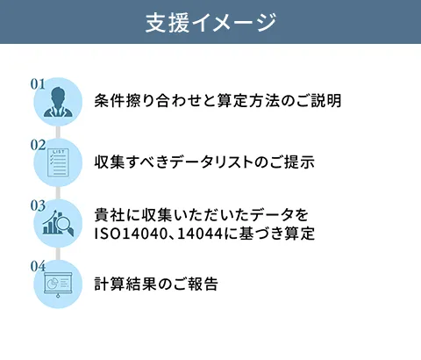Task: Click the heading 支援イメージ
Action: click(210, 22)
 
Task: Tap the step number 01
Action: click(38, 84)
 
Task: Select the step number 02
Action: click(38, 145)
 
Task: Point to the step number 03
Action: click(38, 205)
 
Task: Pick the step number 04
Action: click(38, 266)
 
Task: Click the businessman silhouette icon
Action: click(58, 102)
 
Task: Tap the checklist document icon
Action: click(59, 162)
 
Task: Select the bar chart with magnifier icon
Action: click(58, 223)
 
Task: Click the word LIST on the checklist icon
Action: click(59, 152)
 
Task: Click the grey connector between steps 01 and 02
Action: click(58, 132)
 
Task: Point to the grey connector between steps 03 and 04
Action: click(58, 254)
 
